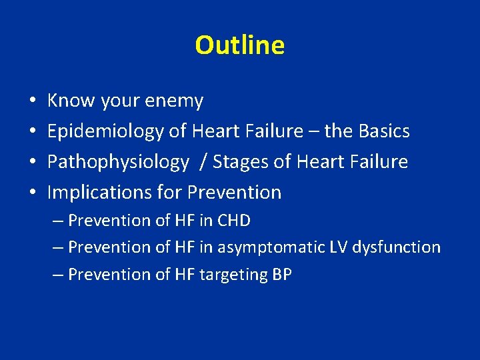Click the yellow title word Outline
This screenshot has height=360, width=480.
tap(240, 45)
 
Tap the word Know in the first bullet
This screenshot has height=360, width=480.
tap(71, 101)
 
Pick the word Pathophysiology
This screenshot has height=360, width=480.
tap(118, 162)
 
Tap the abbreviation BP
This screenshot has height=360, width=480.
tap(282, 275)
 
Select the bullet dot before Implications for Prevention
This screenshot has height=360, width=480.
tap(33, 193)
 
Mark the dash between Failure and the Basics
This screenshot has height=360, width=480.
tap(313, 132)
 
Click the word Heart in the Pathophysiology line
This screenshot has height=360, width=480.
tap(309, 162)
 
